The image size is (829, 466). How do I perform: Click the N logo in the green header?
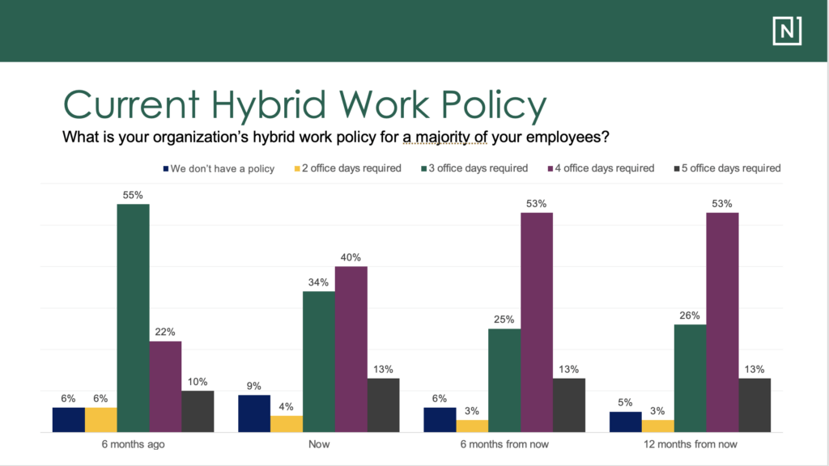pyautogui.click(x=786, y=30)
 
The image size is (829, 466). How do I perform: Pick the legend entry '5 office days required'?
pyautogui.click(x=725, y=168)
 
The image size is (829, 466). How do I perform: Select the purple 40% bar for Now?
pyautogui.click(x=351, y=349)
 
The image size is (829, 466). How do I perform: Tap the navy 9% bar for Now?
pyautogui.click(x=254, y=413)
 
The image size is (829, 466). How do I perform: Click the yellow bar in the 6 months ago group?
pyautogui.click(x=101, y=420)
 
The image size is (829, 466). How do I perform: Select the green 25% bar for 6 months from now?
pyautogui.click(x=504, y=380)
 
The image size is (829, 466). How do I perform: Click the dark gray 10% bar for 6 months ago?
pyautogui.click(x=198, y=412)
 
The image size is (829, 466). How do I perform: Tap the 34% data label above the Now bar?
pyautogui.click(x=319, y=282)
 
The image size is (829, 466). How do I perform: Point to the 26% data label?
pyautogui.click(x=690, y=316)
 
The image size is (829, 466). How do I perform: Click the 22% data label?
pyautogui.click(x=166, y=332)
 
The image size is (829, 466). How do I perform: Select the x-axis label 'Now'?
pyautogui.click(x=319, y=444)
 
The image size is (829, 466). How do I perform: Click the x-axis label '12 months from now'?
pyautogui.click(x=690, y=444)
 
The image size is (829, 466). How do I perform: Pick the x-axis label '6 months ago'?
pyautogui.click(x=134, y=444)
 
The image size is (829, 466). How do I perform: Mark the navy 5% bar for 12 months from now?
pyautogui.click(x=625, y=422)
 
